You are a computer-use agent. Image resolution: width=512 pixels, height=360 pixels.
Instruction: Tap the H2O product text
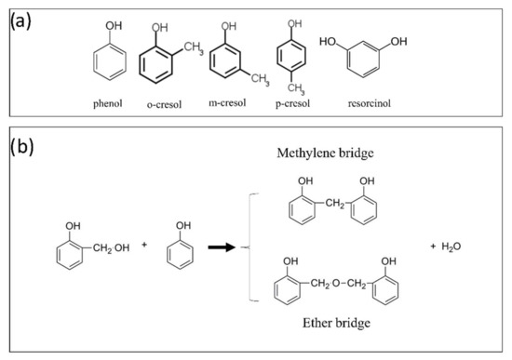pyautogui.click(x=454, y=246)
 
